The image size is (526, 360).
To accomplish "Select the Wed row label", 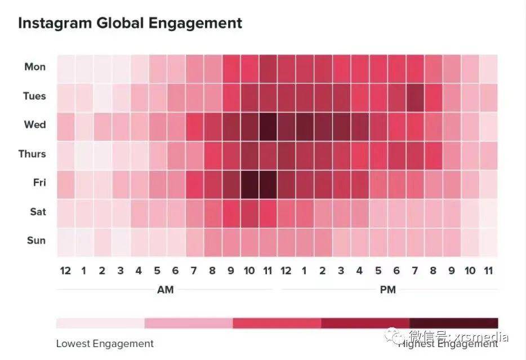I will (35, 125).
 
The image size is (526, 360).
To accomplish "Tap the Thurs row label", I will (32, 154).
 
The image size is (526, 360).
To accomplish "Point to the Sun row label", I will (36, 241).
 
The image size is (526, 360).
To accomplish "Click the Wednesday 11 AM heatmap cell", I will (268, 125).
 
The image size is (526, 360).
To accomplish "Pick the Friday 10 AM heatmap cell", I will (249, 183).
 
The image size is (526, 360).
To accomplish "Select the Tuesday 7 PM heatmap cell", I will (414, 96).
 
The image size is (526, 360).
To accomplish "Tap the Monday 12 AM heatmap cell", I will (65, 67).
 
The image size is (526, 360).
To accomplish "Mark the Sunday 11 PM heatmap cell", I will (488, 241).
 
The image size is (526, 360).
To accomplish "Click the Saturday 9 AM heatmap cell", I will (231, 212).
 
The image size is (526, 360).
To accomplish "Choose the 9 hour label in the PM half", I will (452, 271).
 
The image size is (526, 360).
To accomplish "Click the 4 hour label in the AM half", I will (139, 271).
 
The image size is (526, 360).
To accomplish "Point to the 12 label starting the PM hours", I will (286, 271).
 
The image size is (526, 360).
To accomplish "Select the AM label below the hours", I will (165, 290).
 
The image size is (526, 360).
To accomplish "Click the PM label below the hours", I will (387, 290).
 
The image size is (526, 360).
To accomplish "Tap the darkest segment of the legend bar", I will (454, 323).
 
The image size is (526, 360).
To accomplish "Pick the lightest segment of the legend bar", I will (100, 323).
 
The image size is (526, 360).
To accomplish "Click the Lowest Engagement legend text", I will (105, 344).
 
